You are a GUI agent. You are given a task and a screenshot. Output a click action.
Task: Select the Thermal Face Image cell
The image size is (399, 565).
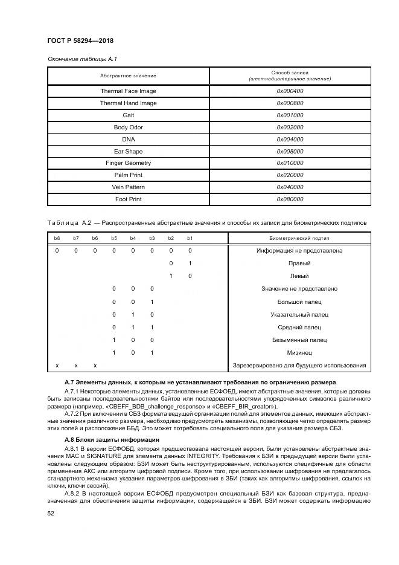[x=128, y=91]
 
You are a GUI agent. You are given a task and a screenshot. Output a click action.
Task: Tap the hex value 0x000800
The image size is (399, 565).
[x=290, y=103]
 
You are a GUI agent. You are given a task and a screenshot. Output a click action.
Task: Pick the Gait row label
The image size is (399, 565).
[x=128, y=115]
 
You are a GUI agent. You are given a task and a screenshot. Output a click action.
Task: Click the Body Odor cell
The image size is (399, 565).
[x=128, y=128]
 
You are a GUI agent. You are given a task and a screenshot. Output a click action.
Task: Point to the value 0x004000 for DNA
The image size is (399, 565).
[x=290, y=139]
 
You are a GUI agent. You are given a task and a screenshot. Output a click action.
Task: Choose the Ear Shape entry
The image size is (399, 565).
[x=128, y=151]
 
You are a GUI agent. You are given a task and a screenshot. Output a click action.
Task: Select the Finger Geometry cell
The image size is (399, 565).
[x=128, y=163]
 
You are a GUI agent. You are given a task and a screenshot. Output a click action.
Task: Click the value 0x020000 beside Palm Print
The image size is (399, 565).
[x=290, y=175]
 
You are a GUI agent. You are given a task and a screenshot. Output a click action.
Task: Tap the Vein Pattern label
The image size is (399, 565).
[x=128, y=187]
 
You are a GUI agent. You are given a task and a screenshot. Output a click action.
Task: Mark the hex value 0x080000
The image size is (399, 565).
[x=290, y=199]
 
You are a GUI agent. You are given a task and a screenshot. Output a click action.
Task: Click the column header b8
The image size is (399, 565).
[x=57, y=238]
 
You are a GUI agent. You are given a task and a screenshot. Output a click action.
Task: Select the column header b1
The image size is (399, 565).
[x=190, y=238]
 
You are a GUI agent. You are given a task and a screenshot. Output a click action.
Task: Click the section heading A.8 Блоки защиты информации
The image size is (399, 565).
[x=112, y=439]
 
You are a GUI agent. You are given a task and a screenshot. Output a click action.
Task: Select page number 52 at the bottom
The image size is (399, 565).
[x=51, y=513]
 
